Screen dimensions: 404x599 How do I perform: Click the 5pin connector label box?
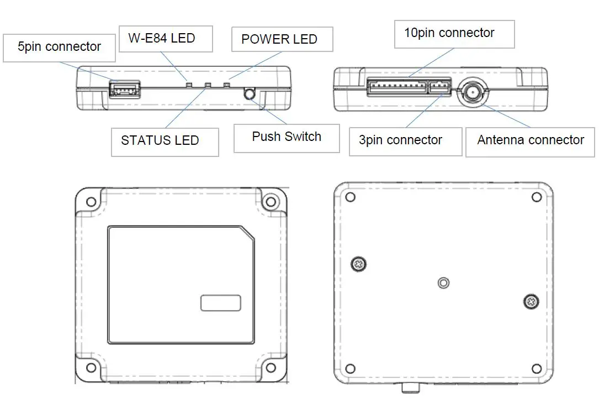point(59,48)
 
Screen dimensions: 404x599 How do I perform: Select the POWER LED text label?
point(279,40)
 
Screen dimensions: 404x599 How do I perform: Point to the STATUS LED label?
point(160,140)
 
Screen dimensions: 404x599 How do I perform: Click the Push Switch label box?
point(287,137)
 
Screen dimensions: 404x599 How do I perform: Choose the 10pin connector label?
point(449,33)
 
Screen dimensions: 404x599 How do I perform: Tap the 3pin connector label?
point(401,140)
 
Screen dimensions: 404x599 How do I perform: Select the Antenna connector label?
point(531,140)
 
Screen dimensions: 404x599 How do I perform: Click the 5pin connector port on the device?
point(124,89)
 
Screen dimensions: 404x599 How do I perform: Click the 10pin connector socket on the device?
point(397,87)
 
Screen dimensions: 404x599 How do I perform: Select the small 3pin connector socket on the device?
point(440,87)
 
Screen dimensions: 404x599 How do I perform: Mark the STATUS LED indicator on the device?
point(208,86)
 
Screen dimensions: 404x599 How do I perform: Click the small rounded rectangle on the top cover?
point(220,303)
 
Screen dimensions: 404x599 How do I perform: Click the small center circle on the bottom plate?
point(443,283)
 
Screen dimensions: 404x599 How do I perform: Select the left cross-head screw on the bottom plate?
point(359,265)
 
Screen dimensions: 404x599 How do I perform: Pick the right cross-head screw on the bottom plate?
point(531,301)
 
